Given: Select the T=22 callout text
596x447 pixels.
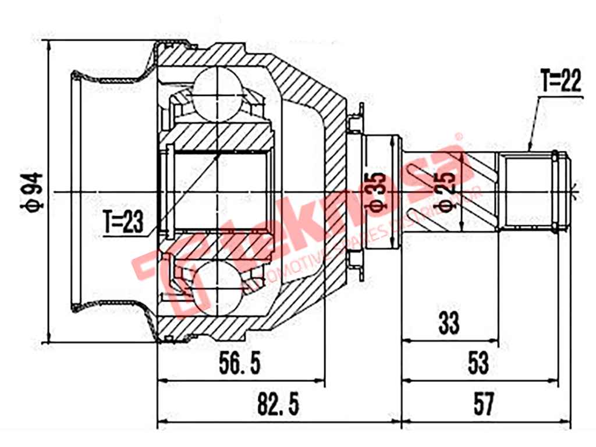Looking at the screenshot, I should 560,81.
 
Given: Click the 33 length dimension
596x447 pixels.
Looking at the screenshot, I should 449,322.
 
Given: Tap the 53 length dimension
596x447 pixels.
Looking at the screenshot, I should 478,364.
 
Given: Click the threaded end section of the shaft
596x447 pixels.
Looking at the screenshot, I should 527,190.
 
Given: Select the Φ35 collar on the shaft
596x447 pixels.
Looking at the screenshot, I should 382,191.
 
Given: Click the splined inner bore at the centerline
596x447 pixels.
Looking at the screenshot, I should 218,190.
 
